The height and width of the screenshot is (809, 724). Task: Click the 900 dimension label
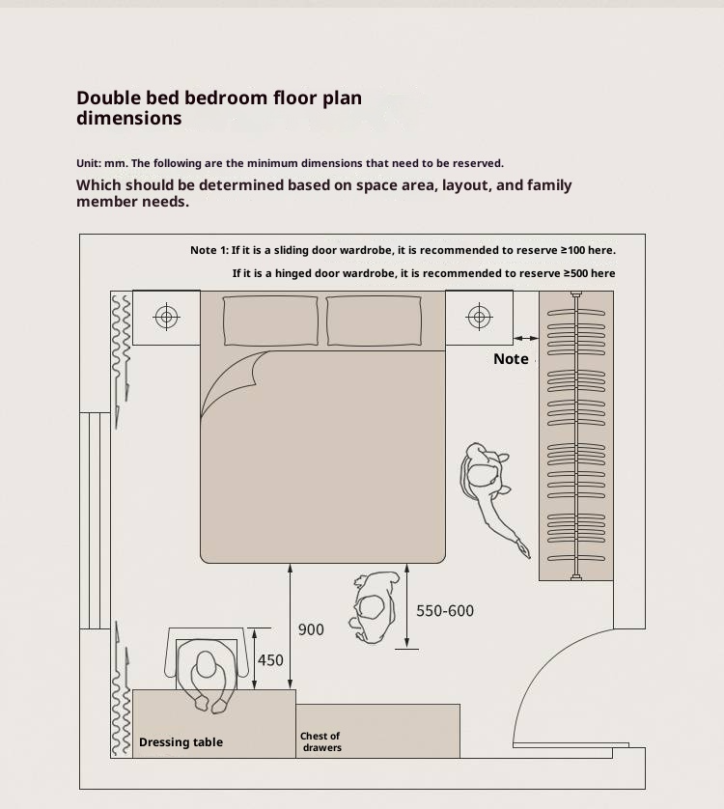311,629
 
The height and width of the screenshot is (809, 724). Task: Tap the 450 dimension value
270,660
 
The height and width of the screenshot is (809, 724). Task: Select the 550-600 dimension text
445,611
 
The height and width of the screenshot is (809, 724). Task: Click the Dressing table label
181,742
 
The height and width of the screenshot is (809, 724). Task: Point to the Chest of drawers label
321,742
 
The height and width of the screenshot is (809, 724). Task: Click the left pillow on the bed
270,321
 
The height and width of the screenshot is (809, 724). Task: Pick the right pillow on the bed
375,321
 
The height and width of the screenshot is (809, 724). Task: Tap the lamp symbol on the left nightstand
167,317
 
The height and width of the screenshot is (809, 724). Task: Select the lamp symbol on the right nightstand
479,317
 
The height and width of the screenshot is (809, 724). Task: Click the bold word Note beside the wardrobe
511,359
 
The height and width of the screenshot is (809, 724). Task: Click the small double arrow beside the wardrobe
526,339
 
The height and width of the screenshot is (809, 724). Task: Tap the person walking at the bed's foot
376,607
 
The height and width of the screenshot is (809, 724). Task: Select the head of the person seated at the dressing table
206,664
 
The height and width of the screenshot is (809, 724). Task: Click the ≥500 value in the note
577,273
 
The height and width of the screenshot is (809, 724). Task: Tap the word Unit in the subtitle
88,163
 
